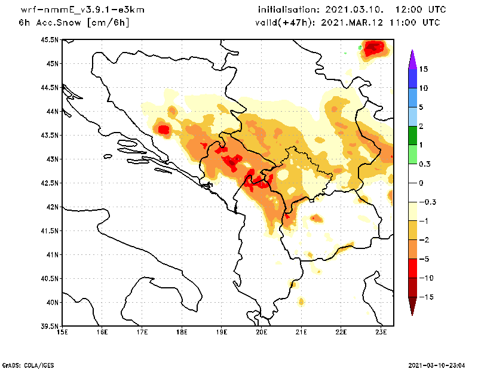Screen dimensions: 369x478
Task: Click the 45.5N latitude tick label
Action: [x=50, y=40]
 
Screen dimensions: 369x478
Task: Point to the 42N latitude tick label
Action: [x=51, y=207]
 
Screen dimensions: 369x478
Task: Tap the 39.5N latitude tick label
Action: [x=50, y=327]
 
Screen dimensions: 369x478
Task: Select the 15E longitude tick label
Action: [x=62, y=333]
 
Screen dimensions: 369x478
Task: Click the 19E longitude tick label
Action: [x=222, y=333]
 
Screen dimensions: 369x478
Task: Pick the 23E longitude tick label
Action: [x=381, y=333]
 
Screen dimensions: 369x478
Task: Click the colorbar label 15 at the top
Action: [x=424, y=69]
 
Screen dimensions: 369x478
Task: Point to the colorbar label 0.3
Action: [x=425, y=164]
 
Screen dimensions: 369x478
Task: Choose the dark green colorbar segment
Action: [x=412, y=135]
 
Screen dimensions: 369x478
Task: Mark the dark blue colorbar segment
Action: [x=412, y=78]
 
